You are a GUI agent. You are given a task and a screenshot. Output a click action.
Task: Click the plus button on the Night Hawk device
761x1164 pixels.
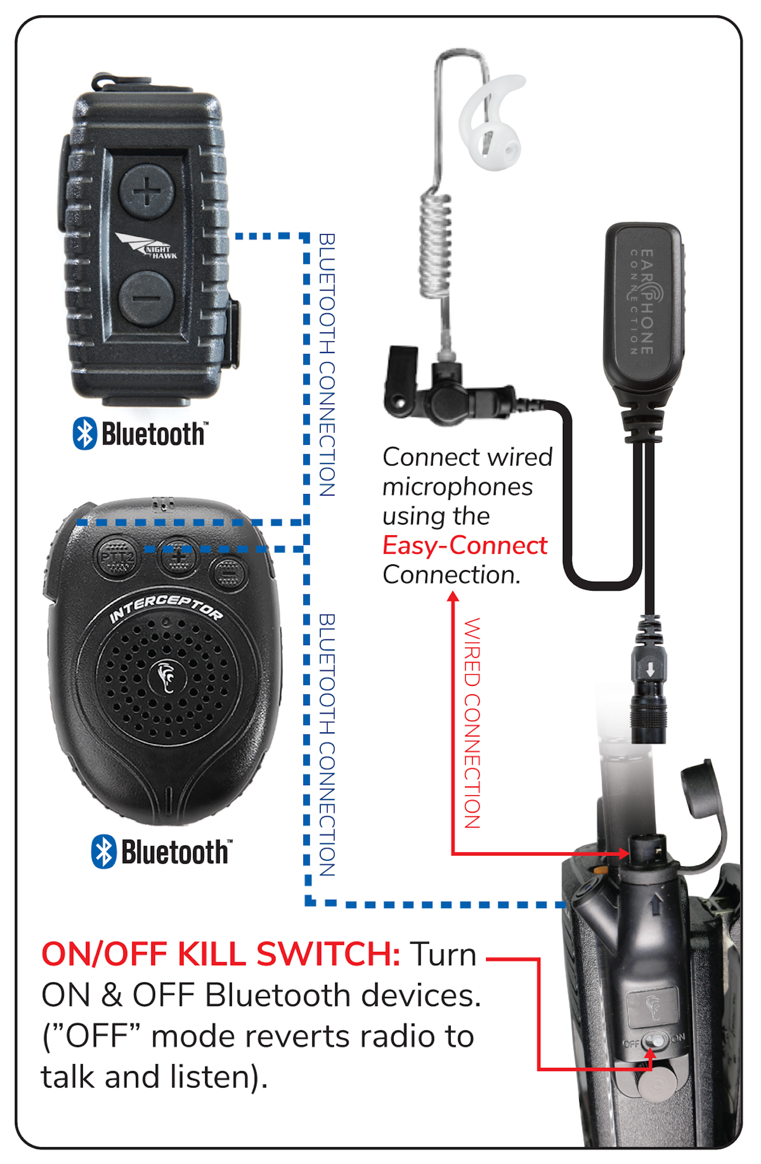pos(146,191)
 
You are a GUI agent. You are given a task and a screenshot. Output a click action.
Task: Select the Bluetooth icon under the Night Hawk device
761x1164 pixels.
pos(85,433)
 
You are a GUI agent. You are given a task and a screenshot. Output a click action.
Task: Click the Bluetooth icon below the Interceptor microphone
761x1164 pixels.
pos(104,851)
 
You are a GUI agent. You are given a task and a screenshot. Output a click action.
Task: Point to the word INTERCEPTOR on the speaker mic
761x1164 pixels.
pos(166,608)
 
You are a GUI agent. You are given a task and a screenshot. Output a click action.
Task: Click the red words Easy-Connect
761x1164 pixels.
pos(465,545)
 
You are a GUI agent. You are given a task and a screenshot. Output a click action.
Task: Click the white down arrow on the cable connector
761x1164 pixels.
pos(650,670)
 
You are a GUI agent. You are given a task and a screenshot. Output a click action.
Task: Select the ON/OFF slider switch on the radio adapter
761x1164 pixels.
pos(655,1041)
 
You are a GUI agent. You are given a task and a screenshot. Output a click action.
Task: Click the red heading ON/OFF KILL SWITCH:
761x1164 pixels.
pos(221,954)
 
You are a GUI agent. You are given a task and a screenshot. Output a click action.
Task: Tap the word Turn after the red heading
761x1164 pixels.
pos(444,954)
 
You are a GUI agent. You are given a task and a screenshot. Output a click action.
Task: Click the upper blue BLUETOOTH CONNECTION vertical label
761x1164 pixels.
pos(327,365)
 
